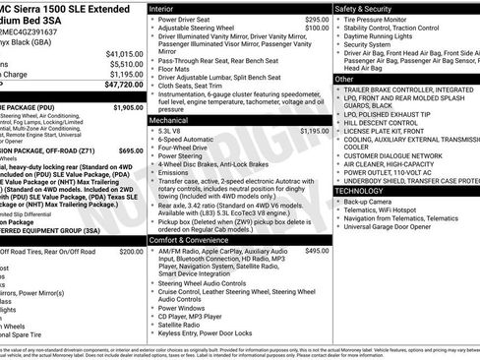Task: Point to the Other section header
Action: click(345, 79)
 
